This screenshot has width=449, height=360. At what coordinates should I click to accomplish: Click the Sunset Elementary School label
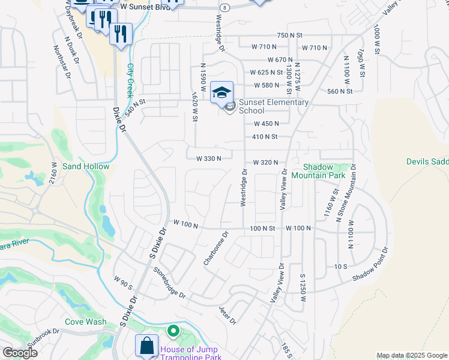274,106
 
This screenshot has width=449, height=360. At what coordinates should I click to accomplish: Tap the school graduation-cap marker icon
222,92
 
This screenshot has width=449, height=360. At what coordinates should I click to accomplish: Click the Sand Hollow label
86,166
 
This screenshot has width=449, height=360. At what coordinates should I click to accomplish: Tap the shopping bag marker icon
146,346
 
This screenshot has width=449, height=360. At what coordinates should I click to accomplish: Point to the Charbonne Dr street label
216,249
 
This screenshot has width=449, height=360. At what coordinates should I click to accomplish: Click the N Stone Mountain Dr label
346,193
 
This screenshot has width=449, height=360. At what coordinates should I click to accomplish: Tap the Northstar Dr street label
62,62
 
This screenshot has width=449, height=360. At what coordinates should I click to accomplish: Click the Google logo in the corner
20,353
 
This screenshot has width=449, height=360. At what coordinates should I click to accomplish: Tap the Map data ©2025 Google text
412,355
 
